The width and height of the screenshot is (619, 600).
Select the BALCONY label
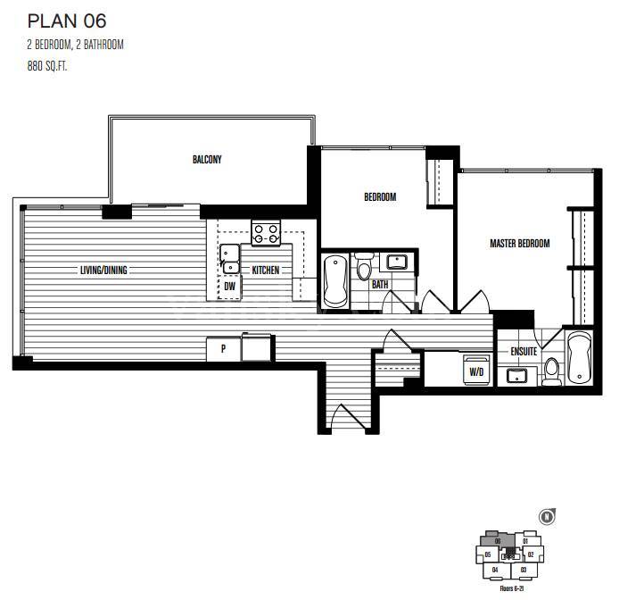(207, 160)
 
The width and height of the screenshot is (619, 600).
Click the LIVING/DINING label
(108, 271)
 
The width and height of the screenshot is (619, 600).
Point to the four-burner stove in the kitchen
(265, 233)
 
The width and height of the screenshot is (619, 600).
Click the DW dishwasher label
(229, 287)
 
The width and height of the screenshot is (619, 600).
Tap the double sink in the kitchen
(230, 259)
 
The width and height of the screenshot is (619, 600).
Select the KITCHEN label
(266, 271)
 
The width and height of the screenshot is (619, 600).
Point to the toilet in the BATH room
(364, 268)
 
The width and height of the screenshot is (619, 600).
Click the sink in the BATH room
(396, 262)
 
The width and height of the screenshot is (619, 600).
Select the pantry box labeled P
(222, 349)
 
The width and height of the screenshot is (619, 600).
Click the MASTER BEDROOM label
(519, 243)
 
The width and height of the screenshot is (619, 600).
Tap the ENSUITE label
(524, 352)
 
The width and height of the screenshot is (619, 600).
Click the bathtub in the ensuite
(578, 358)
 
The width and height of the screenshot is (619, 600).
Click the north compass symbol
(544, 517)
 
